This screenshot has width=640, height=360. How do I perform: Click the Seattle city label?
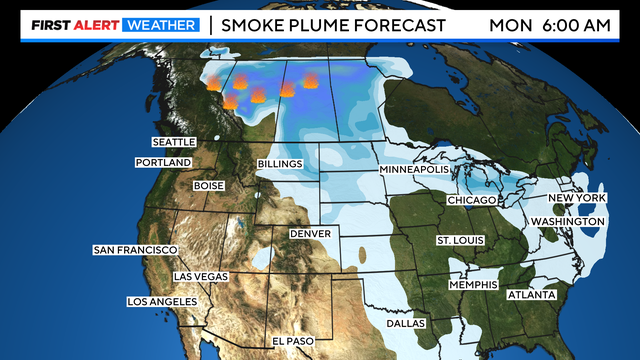[x=173, y=143]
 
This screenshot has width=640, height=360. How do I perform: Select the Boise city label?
[x=209, y=185]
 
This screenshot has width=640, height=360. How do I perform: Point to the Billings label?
[x=280, y=163]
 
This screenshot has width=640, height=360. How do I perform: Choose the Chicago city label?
[x=472, y=201]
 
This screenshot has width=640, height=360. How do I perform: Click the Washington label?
[x=566, y=220]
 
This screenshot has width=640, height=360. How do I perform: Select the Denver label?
[x=310, y=233]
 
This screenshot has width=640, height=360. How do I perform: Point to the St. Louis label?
[x=461, y=241]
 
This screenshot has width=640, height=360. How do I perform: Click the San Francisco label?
[x=135, y=249]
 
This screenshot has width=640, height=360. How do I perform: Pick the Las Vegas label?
[x=200, y=275]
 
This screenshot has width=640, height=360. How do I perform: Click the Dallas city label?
[x=406, y=323]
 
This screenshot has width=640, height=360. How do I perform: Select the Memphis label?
[x=473, y=284]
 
